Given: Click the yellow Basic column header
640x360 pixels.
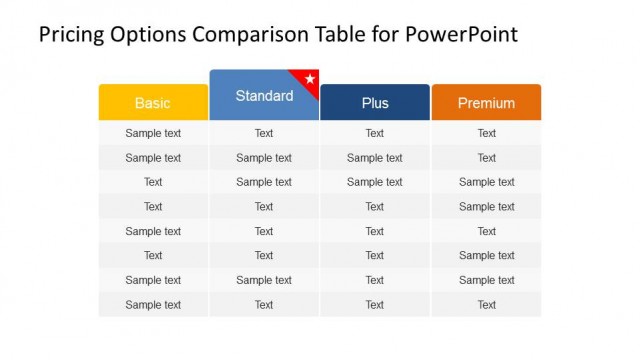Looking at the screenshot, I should (153, 103).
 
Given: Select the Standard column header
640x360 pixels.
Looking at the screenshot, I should (264, 96).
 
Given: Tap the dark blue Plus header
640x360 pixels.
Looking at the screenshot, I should (375, 103).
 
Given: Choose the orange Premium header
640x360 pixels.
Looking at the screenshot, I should (486, 103).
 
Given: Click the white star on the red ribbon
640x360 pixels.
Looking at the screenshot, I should (310, 78).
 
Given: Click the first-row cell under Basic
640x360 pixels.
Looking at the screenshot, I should (153, 133).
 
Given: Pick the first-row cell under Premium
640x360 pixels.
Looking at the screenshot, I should (486, 133).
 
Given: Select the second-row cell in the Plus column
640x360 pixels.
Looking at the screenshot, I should (375, 158).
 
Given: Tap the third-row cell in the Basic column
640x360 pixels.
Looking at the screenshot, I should (153, 182).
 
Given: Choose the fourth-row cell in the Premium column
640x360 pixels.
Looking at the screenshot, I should (486, 207).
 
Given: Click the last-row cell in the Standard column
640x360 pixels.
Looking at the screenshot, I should (264, 305).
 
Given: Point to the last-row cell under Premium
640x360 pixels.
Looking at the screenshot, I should (486, 305).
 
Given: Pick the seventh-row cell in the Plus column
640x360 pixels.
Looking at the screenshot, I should (375, 280).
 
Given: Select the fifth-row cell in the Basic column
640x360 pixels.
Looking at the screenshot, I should (153, 231).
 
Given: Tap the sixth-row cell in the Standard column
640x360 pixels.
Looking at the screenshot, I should (264, 256).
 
